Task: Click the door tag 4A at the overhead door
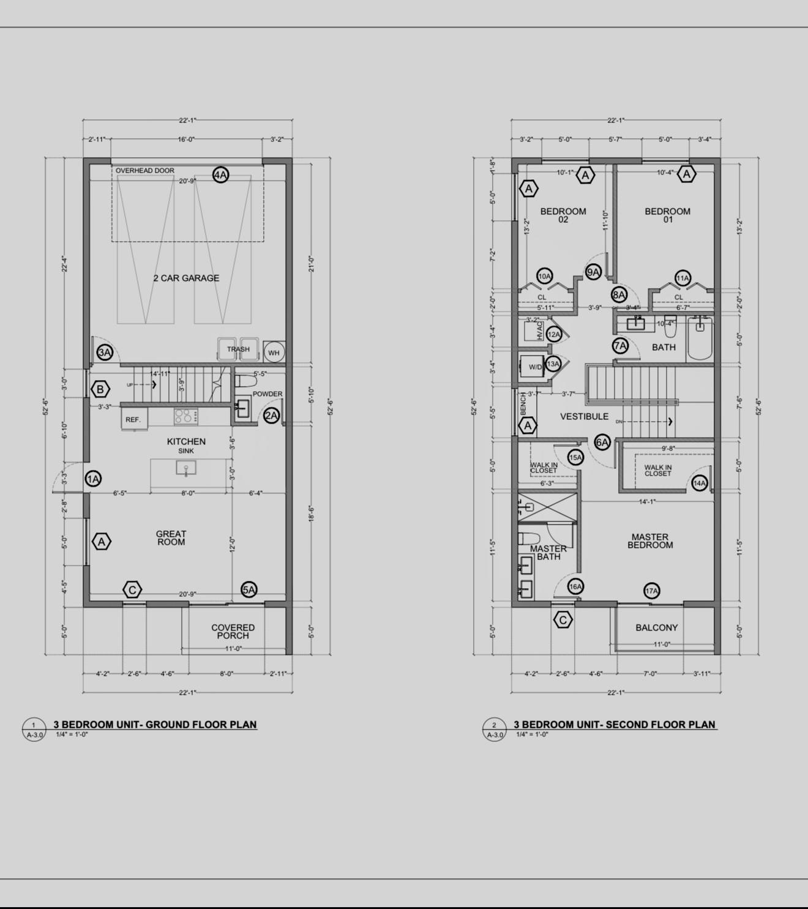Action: click(x=220, y=174)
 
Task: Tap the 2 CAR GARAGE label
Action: click(x=186, y=278)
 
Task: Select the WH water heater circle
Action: click(x=274, y=353)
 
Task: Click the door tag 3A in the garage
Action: click(x=105, y=353)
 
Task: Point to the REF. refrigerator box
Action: click(x=133, y=419)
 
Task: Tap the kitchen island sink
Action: click(x=186, y=469)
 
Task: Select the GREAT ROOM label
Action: click(x=171, y=538)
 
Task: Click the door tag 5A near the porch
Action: click(x=249, y=589)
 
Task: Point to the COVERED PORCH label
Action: click(x=233, y=631)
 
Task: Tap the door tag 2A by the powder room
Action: click(x=271, y=416)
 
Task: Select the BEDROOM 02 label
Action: click(x=563, y=215)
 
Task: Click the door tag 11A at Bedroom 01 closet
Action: click(x=683, y=278)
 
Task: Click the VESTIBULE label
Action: click(x=584, y=417)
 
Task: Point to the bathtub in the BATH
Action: click(x=700, y=339)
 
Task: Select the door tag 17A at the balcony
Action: click(x=651, y=591)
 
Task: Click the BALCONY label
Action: click(x=656, y=627)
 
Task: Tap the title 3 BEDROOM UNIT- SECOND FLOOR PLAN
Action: click(x=614, y=724)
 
